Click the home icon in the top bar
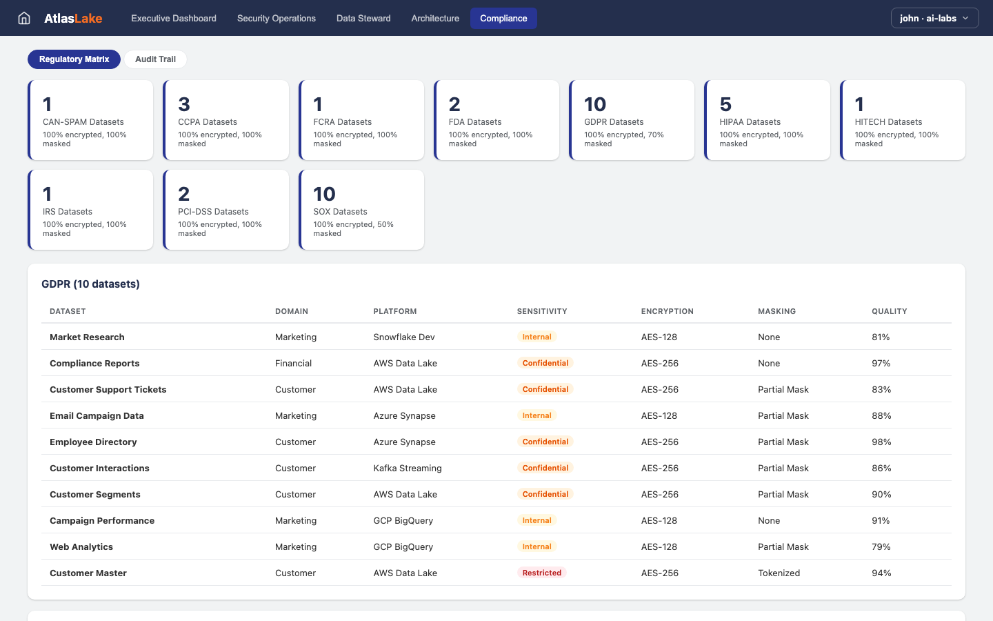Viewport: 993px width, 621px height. coord(24,18)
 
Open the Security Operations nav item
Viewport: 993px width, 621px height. coord(276,18)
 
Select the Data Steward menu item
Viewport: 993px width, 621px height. coord(363,18)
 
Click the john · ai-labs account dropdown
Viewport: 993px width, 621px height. coord(934,18)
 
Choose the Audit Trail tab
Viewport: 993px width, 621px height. coord(155,59)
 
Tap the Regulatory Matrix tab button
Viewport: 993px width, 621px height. coord(74,59)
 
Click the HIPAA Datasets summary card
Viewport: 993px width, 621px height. coord(767,120)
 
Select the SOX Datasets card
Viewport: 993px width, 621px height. coord(361,210)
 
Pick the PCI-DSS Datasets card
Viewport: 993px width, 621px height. coord(226,210)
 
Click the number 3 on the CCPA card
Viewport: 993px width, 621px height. coord(184,104)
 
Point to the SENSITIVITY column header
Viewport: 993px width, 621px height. coord(542,311)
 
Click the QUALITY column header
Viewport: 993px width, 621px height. coord(889,311)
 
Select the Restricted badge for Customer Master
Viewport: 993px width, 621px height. coord(541,573)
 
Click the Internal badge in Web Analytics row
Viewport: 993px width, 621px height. coord(536,546)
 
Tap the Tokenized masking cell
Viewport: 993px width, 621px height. coord(779,573)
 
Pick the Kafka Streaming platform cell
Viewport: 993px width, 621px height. coord(408,468)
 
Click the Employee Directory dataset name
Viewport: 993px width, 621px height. coord(93,442)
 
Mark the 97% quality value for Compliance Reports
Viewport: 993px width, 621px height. coord(881,363)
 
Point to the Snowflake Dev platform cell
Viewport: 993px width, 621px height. coord(404,337)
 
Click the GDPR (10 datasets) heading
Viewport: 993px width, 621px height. coord(90,284)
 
